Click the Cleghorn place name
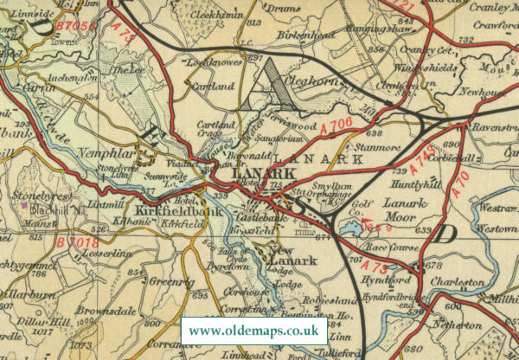coord(304,85)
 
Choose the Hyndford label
coord(388,280)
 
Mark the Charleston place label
coord(458,282)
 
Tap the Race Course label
coord(394,245)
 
